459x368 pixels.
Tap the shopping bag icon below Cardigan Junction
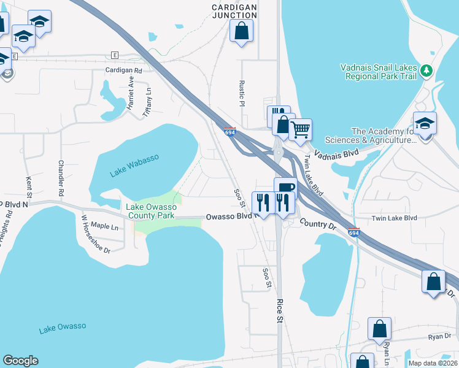(x=241, y=30)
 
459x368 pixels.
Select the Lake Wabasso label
(x=134, y=166)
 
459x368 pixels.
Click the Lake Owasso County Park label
(x=151, y=211)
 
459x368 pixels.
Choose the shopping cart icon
(x=300, y=129)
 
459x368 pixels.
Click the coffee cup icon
(x=285, y=187)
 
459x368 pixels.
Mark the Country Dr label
(x=318, y=224)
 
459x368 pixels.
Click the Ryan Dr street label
(x=439, y=336)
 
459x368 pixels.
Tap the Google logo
(x=20, y=361)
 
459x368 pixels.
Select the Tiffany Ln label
(x=147, y=102)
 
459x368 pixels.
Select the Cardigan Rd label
(x=123, y=71)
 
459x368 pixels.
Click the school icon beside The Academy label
(x=425, y=123)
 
